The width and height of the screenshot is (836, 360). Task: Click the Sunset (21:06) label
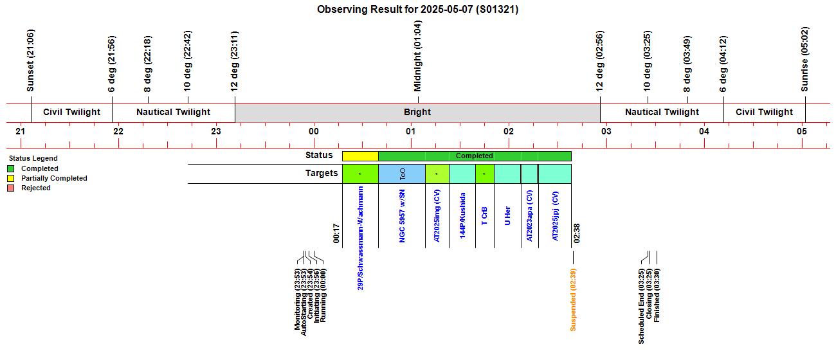click(x=30, y=60)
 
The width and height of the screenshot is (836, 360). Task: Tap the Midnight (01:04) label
click(x=417, y=56)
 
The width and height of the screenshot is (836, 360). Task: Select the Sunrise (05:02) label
click(x=804, y=59)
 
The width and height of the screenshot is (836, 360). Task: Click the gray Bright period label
click(x=417, y=112)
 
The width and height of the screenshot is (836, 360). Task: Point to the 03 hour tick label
click(x=606, y=131)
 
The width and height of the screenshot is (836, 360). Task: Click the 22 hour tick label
click(x=118, y=131)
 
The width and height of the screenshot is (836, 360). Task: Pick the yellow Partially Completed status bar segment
click(x=360, y=156)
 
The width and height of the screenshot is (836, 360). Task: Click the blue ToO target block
click(x=402, y=174)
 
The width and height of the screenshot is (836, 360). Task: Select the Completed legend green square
click(x=11, y=168)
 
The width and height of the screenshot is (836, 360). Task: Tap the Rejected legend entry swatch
click(x=11, y=188)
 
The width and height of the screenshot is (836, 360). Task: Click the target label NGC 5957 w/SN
click(x=402, y=216)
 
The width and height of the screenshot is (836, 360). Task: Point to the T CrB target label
click(x=484, y=216)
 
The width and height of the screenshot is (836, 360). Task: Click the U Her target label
click(x=507, y=216)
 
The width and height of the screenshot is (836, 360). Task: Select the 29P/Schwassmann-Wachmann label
click(x=360, y=239)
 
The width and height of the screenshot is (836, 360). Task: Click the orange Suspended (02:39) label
click(x=573, y=300)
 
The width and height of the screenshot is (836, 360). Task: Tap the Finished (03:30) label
click(x=657, y=295)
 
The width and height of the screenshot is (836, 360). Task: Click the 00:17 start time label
click(x=336, y=233)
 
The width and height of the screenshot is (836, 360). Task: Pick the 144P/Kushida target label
click(x=462, y=215)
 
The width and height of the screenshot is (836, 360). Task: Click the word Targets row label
click(x=322, y=173)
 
